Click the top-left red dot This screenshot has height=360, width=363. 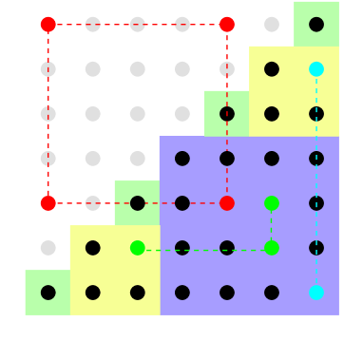coord(48,25)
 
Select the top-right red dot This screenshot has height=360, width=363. coord(227,25)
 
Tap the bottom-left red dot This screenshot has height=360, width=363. coord(48,203)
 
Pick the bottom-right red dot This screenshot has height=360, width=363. coord(227,203)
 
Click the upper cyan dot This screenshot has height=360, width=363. coord(316,69)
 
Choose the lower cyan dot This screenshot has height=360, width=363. coord(316,293)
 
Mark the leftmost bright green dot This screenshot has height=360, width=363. coord(138,248)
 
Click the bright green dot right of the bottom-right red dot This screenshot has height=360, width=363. coord(272,203)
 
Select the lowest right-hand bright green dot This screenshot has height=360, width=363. coord(272,248)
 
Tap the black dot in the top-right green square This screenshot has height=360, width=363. coord(316,25)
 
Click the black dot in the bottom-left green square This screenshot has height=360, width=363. coord(48,293)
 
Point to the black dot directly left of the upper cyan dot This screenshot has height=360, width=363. coord(272,69)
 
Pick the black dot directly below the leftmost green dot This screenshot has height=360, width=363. coord(138,293)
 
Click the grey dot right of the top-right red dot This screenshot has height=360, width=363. coord(272,25)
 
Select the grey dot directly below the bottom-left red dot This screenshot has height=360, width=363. coord(48,248)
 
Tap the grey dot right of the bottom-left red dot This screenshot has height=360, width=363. coord(93,203)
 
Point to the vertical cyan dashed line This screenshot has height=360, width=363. coord(316,180)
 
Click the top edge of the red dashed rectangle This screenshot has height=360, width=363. coord(138,25)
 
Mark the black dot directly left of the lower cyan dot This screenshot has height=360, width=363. coord(272,293)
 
